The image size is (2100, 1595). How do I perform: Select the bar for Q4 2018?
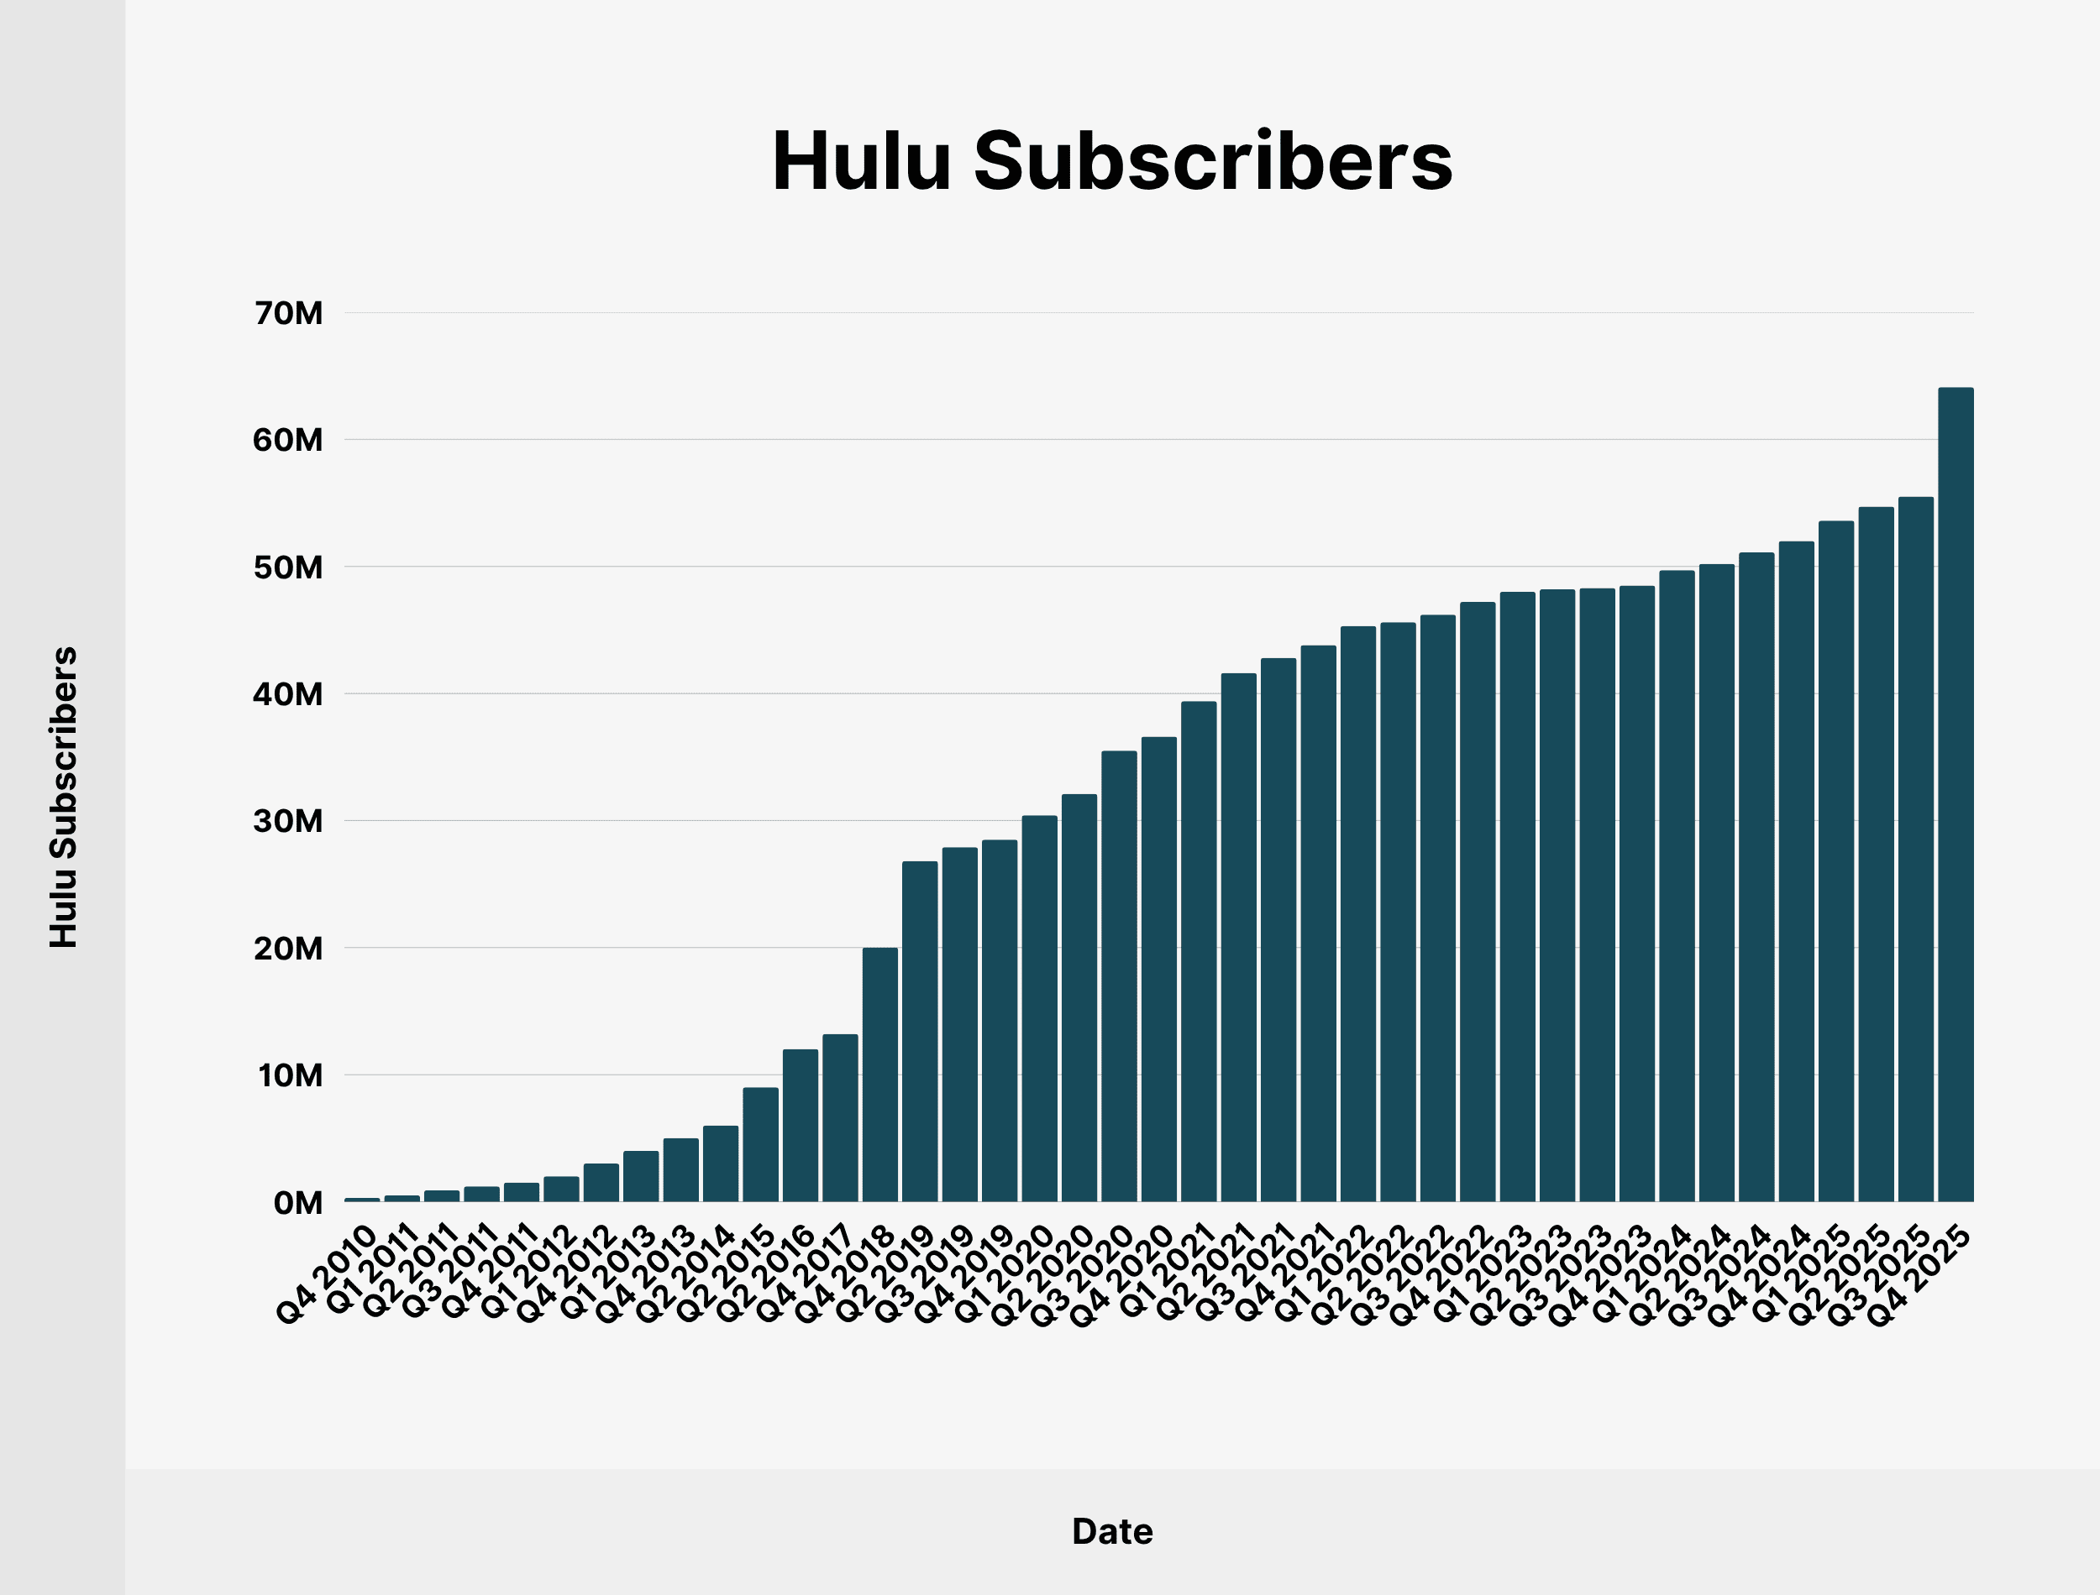[x=879, y=1074]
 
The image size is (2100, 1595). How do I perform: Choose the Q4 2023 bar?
[x=1636, y=893]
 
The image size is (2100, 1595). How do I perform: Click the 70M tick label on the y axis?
[x=289, y=313]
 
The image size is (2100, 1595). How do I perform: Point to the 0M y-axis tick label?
[x=298, y=1203]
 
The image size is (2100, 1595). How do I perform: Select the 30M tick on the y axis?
[x=289, y=821]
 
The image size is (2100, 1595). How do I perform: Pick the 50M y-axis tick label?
[x=289, y=567]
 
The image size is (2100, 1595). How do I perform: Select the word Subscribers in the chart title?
[x=1213, y=161]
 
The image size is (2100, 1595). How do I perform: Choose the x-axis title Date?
[x=1112, y=1531]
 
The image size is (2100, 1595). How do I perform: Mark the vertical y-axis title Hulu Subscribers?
[x=64, y=797]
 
